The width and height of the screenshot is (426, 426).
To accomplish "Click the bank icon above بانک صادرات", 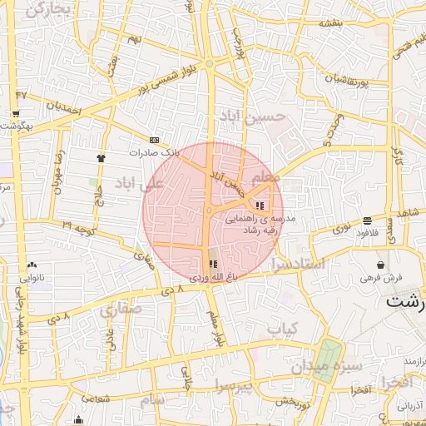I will point(154,140).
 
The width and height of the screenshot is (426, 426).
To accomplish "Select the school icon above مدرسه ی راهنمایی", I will point(260,206).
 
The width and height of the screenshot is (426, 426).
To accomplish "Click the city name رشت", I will point(405,301).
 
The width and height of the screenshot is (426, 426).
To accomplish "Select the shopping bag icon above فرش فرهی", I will point(380,265).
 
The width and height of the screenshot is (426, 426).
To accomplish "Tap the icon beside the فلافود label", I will point(367,220).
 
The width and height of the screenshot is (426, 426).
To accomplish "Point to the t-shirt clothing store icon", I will point(102,156).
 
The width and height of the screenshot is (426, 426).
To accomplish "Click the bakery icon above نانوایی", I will point(32,265).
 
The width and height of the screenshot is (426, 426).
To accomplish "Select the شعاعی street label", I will point(94,399).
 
